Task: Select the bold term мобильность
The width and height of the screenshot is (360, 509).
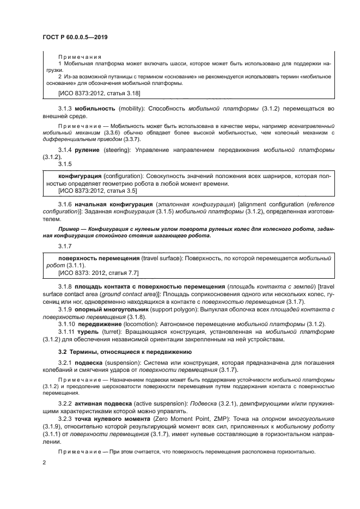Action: [93, 108]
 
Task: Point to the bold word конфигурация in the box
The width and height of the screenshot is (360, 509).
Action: [80, 176]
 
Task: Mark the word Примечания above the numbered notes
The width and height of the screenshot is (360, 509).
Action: [80, 56]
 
